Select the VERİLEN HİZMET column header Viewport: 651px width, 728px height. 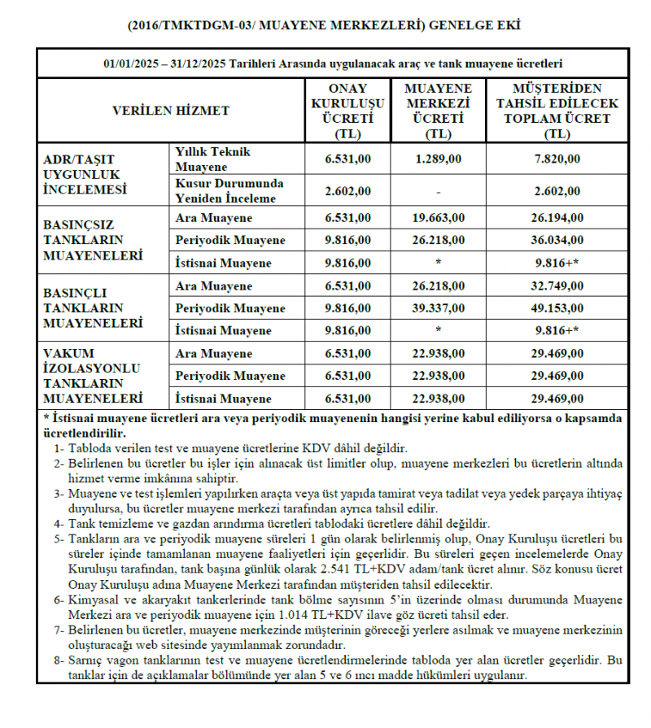point(170,111)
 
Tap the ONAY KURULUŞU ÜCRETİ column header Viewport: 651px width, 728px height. point(347,111)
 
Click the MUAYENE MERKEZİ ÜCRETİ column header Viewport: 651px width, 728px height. point(439,111)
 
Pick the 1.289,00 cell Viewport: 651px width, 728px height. point(439,159)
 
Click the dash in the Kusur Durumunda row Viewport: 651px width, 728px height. point(439,191)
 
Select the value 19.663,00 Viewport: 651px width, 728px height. point(439,218)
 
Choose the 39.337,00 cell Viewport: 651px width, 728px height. point(439,308)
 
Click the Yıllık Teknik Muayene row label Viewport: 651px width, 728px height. point(213,159)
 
